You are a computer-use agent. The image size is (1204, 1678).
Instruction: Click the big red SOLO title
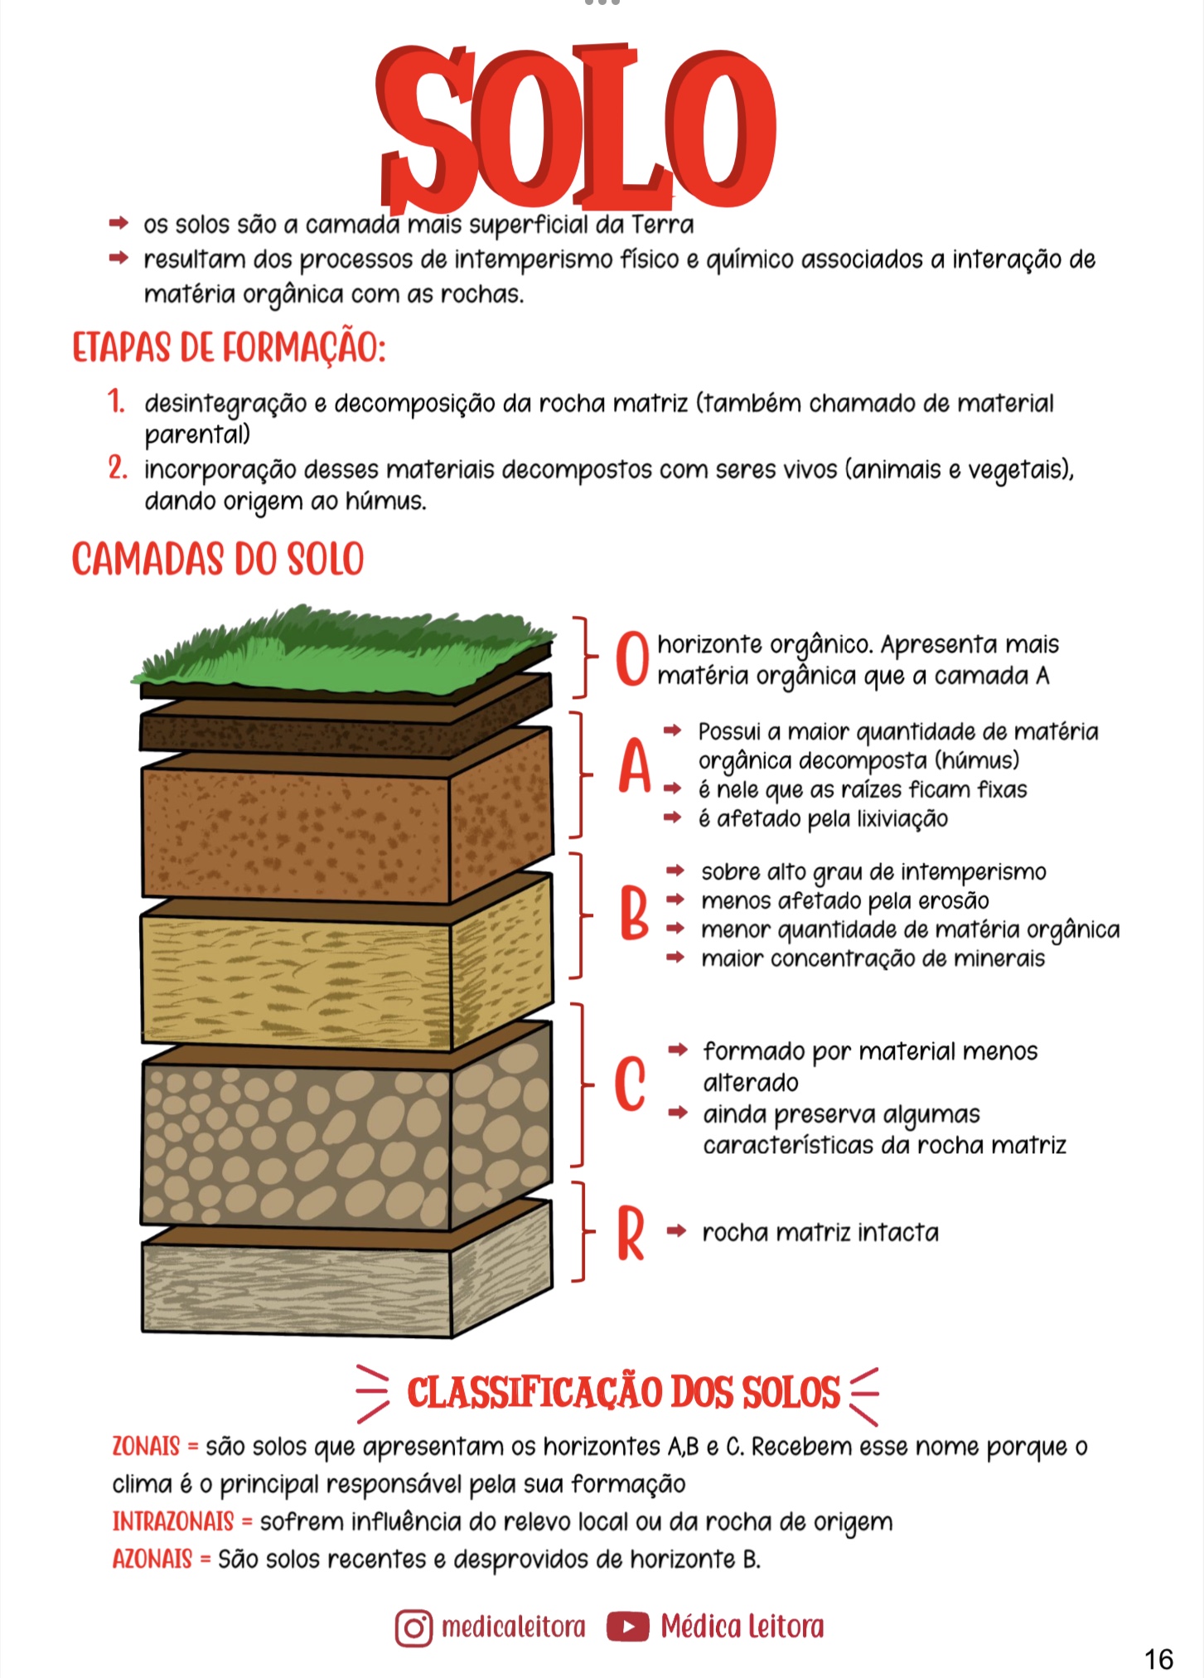(x=576, y=129)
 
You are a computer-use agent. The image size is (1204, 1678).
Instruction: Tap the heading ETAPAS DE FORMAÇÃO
(x=229, y=347)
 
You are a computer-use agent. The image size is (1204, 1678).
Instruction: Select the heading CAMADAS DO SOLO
(x=218, y=559)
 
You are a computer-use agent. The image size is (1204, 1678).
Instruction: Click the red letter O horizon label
(x=632, y=659)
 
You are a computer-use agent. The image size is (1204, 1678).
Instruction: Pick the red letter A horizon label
(x=635, y=767)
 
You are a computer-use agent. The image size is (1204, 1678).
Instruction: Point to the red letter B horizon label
(x=634, y=914)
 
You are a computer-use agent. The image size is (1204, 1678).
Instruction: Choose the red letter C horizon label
(x=631, y=1084)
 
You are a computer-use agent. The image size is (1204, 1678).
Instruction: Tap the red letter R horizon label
(x=631, y=1234)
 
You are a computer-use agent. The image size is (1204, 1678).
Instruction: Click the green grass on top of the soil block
(x=340, y=651)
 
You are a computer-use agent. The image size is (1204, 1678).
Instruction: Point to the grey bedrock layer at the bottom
(x=298, y=1289)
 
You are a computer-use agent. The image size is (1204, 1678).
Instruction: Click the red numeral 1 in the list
(x=116, y=402)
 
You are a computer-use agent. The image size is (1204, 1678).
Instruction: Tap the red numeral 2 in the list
(x=118, y=468)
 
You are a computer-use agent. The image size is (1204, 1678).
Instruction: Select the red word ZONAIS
(x=146, y=1446)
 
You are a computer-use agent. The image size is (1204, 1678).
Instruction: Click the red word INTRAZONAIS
(x=173, y=1521)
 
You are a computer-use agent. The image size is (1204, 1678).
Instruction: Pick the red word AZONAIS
(x=152, y=1559)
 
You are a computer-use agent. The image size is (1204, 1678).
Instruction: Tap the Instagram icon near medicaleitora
(x=413, y=1627)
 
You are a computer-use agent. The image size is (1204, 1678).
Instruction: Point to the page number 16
(x=1158, y=1659)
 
